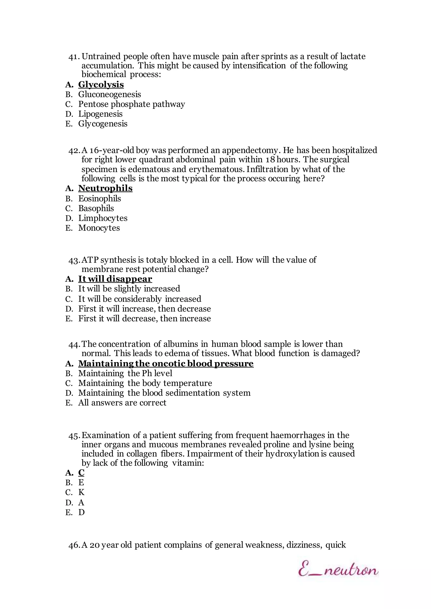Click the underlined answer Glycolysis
[101, 85]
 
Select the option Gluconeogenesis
[109, 94]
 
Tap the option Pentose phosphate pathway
[131, 104]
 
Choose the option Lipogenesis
[100, 114]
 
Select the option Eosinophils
[100, 199]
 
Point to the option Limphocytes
[103, 218]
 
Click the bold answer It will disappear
[115, 279]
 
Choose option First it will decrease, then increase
[144, 319]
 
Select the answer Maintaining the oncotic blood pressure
[166, 363]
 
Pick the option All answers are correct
[122, 403]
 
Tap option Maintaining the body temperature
[145, 383]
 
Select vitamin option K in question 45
[81, 492]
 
